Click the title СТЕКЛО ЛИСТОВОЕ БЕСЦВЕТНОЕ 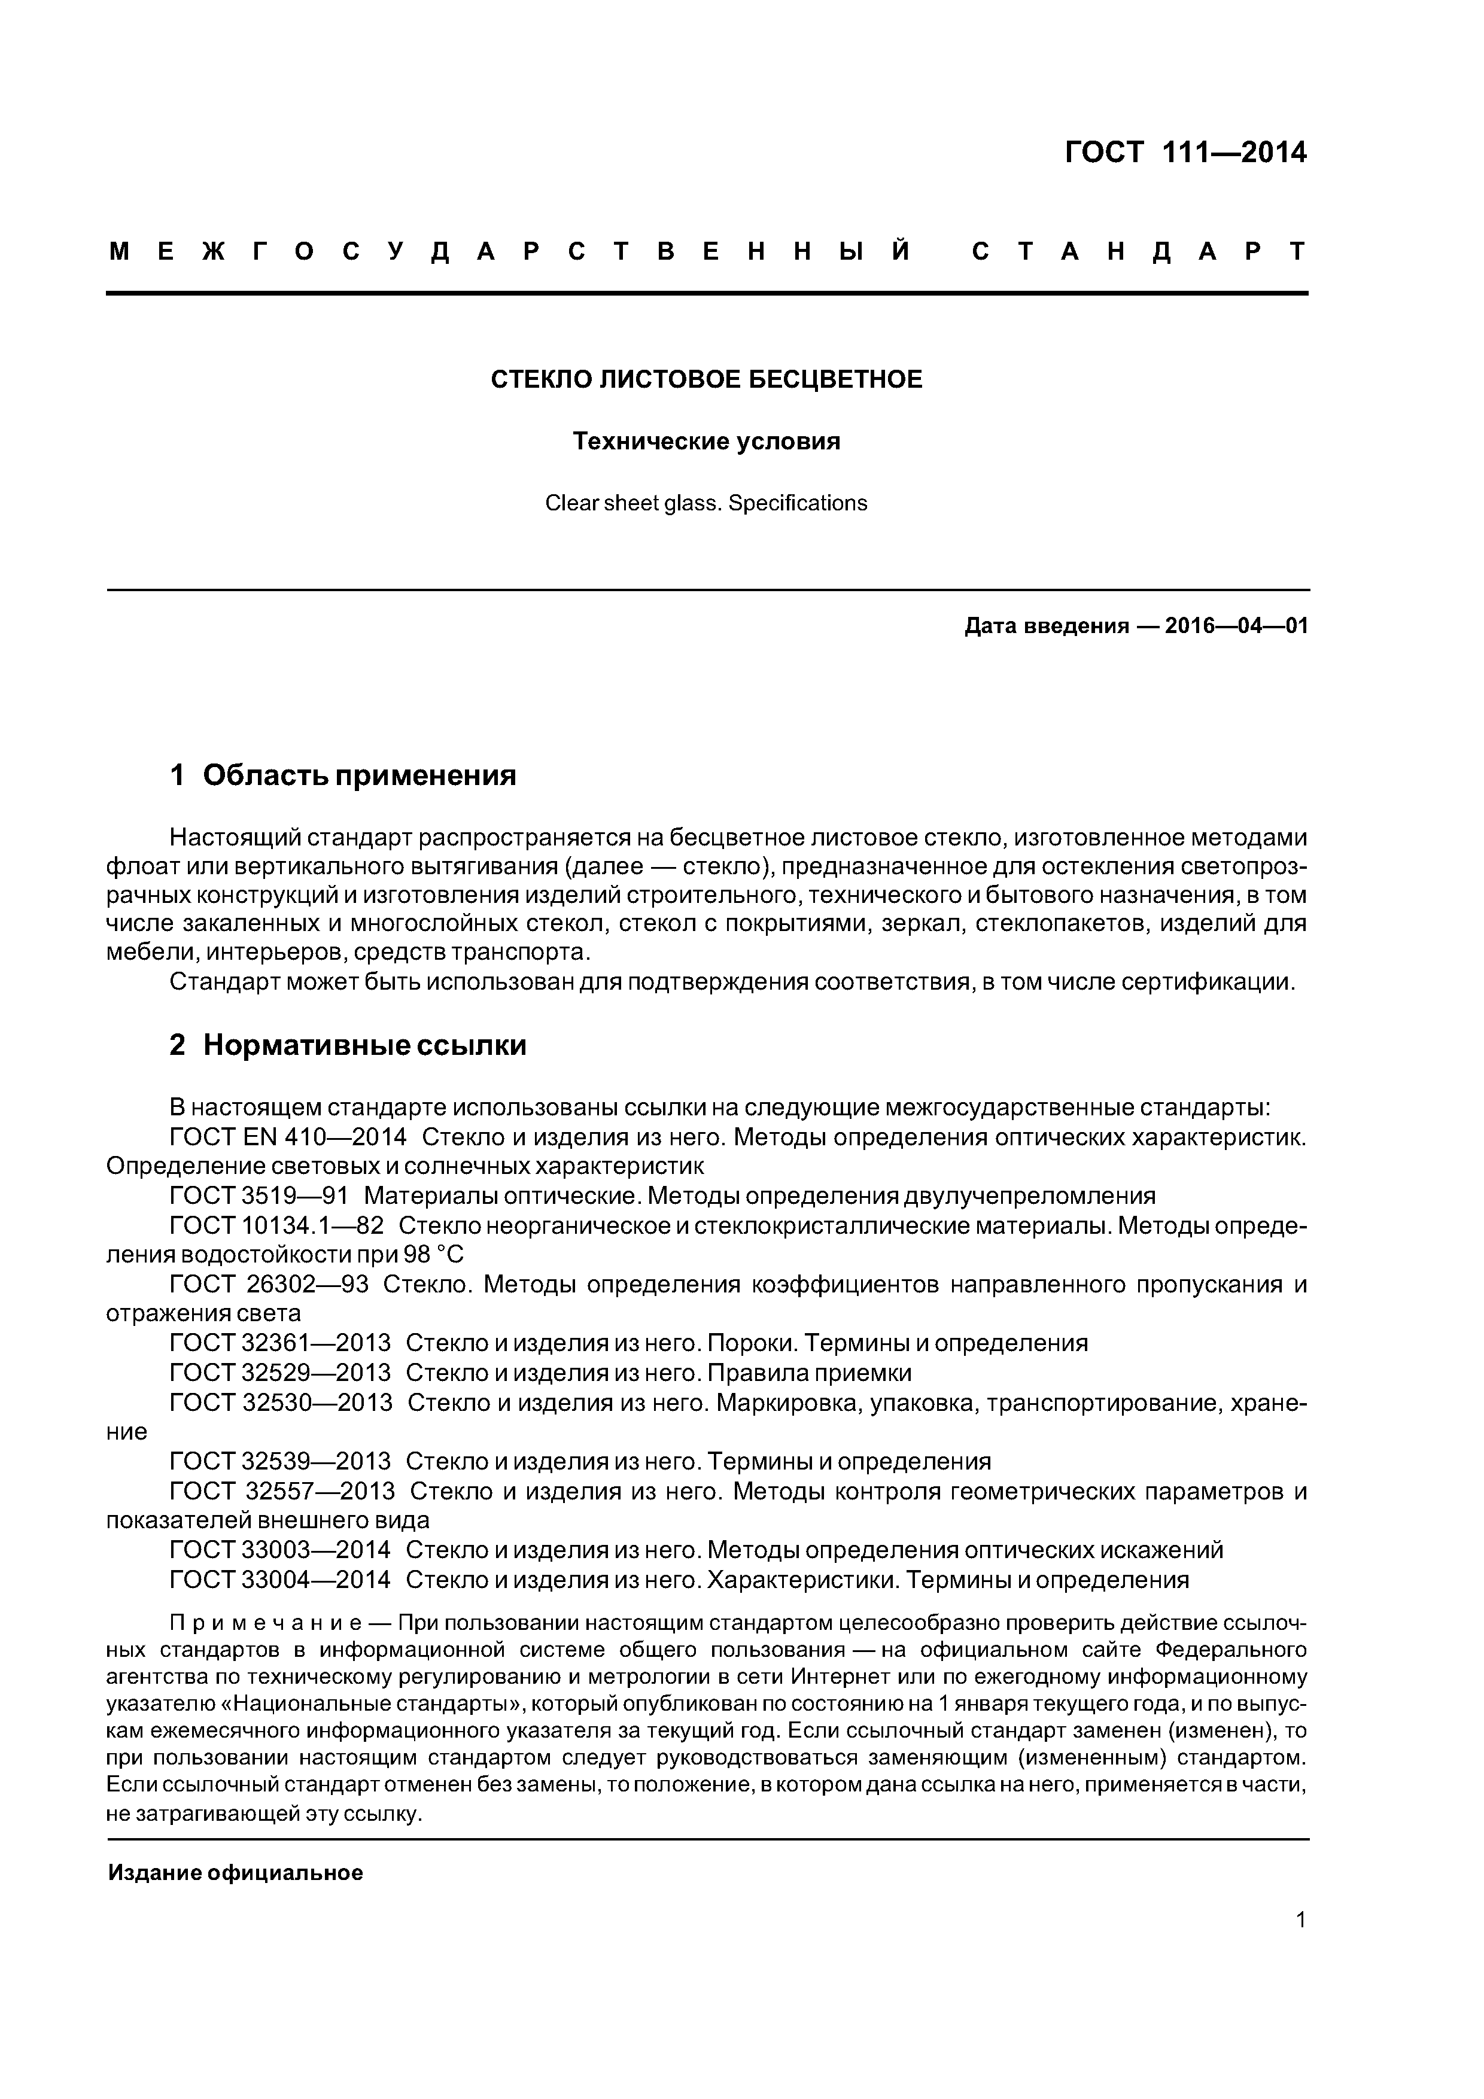click(707, 379)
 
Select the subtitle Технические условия click(707, 442)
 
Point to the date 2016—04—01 click(1236, 626)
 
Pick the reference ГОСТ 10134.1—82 click(277, 1226)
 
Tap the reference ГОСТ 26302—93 click(270, 1285)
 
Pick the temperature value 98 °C click(434, 1255)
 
